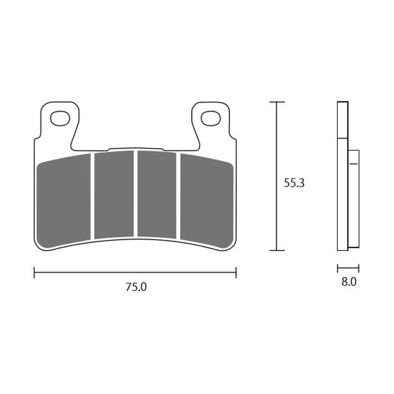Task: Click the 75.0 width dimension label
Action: [136, 288]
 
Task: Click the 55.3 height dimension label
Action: [295, 183]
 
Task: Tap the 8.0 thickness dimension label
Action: [348, 282]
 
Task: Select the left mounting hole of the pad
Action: [60, 118]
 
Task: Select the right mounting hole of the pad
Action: [210, 118]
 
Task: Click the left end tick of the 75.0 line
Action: [34, 272]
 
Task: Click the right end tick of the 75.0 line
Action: [236, 272]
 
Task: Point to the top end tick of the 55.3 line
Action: [277, 102]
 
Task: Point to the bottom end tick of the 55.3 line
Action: [277, 250]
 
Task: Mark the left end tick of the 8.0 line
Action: [338, 268]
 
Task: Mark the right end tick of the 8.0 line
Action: [359, 268]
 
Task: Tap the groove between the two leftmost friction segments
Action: [92, 197]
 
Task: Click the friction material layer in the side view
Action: [354, 197]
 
